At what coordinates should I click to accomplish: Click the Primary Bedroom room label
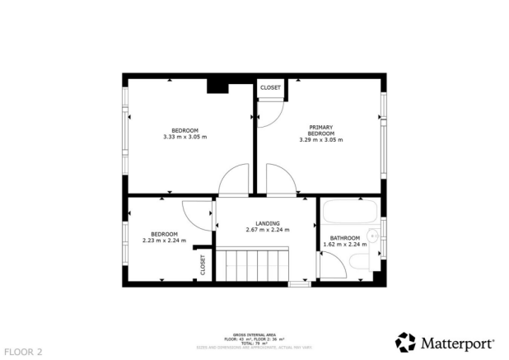pyautogui.click(x=320, y=129)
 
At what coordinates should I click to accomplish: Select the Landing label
pyautogui.click(x=268, y=223)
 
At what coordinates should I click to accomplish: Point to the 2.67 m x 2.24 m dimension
pyautogui.click(x=268, y=230)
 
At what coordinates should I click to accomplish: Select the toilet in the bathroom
pyautogui.click(x=361, y=263)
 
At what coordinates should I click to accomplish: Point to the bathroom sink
pyautogui.click(x=372, y=236)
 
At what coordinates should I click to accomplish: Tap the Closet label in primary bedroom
pyautogui.click(x=270, y=87)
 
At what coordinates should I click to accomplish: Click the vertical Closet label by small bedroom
pyautogui.click(x=203, y=264)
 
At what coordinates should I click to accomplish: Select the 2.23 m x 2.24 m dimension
pyautogui.click(x=164, y=241)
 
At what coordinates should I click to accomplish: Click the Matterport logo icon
pyautogui.click(x=405, y=342)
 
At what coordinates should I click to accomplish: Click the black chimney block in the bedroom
pyautogui.click(x=218, y=86)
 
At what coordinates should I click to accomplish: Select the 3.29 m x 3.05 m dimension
pyautogui.click(x=320, y=140)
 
